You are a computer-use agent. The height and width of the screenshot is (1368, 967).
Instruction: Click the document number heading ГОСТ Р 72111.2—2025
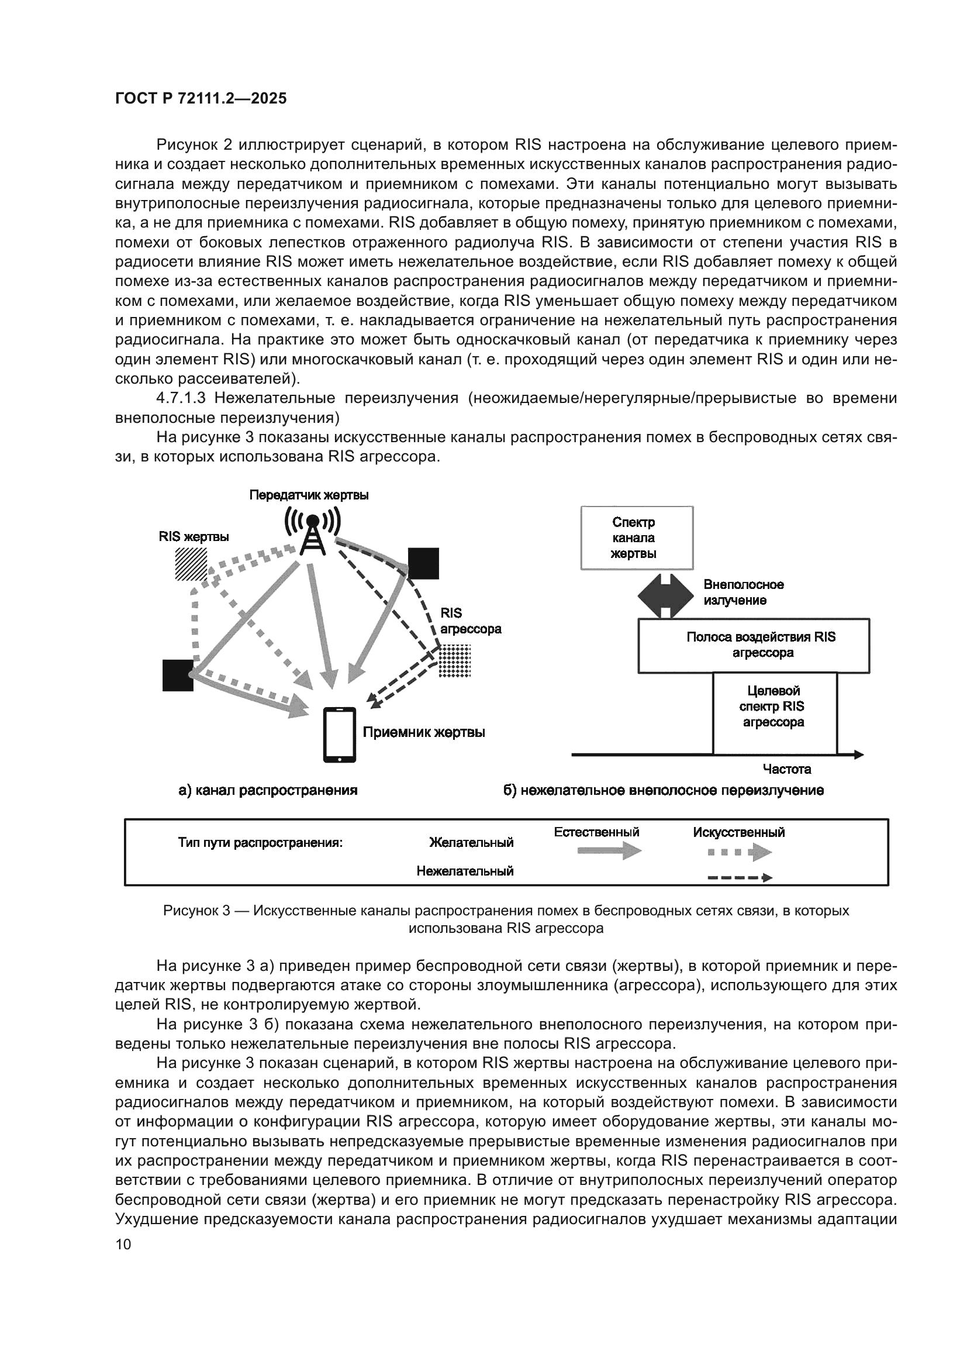tap(201, 98)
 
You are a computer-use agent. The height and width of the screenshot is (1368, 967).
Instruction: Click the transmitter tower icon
tap(312, 530)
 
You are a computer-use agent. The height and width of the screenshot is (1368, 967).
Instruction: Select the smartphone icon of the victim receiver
tap(340, 735)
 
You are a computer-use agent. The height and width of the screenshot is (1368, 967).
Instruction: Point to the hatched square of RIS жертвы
tap(191, 564)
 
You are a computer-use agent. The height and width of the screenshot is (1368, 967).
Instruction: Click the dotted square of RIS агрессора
tap(454, 661)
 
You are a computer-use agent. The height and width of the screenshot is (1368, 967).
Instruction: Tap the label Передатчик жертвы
tap(309, 495)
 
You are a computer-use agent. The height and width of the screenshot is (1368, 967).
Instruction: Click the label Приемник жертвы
tap(424, 732)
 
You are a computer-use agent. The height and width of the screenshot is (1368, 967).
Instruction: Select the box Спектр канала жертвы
tap(637, 538)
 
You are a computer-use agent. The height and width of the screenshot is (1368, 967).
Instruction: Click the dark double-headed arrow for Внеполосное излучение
tap(666, 595)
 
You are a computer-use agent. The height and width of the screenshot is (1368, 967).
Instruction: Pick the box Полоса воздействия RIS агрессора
tap(753, 645)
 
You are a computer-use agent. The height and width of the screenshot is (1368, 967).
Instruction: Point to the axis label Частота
tap(786, 769)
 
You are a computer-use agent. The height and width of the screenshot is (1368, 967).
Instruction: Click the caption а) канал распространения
tap(268, 790)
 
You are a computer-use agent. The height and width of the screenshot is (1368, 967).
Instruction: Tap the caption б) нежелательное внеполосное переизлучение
tap(664, 790)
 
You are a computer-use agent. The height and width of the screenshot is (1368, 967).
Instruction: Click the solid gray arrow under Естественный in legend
tap(609, 851)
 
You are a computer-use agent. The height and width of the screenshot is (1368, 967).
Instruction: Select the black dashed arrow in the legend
tap(739, 878)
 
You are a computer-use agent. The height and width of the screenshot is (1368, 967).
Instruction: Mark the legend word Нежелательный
tap(464, 871)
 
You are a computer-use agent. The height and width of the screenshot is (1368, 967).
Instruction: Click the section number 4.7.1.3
tap(181, 398)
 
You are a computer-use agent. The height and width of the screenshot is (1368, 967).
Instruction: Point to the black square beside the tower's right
tap(423, 564)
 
